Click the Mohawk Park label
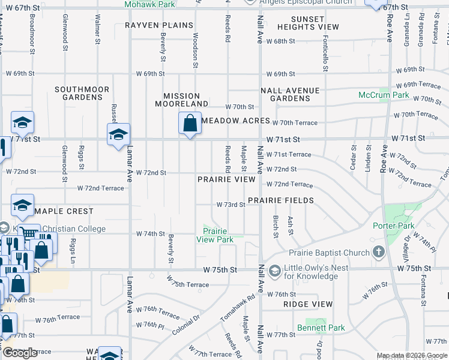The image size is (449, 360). coord(149,4)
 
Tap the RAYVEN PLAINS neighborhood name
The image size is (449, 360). coord(159,25)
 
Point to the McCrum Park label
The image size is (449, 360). coord(383,95)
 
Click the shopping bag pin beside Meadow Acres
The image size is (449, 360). coord(190,124)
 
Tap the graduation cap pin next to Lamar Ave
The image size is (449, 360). coord(118,134)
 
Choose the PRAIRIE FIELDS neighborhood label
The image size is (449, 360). coord(281,199)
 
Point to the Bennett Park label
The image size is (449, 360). coord(321,328)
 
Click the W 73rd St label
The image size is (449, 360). coord(231,205)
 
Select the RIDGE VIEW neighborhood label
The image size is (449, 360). coord(307,305)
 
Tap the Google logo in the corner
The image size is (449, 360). coord(20,353)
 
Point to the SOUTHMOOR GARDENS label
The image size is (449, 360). coord(82,93)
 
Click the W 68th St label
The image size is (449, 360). coord(284,41)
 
